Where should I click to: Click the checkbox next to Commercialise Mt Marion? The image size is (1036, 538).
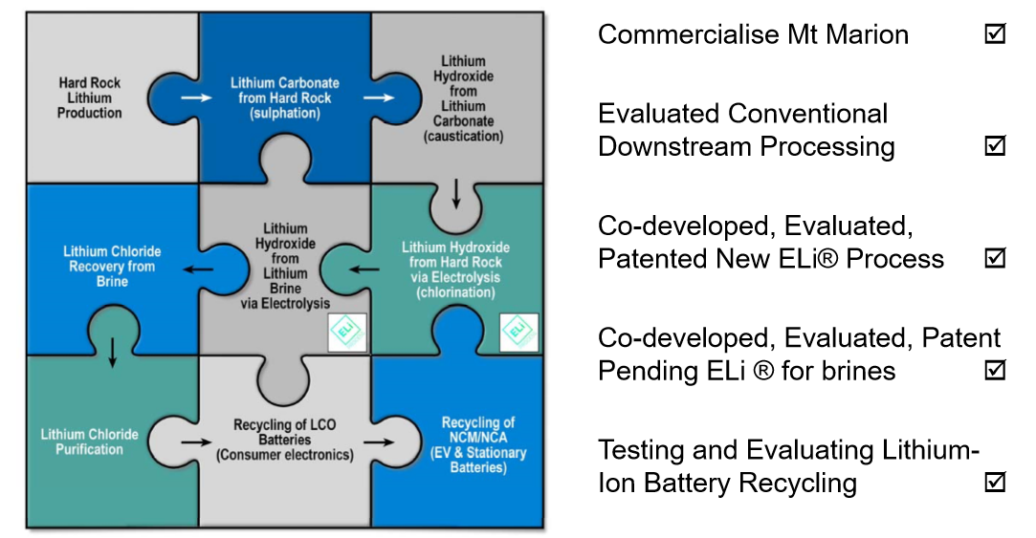point(995,33)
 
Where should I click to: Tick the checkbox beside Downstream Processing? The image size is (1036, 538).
point(995,145)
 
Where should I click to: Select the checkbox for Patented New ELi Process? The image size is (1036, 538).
point(995,257)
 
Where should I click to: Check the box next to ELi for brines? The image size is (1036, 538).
point(995,370)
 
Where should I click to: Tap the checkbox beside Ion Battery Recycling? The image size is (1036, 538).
point(995,482)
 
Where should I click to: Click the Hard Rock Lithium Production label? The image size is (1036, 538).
point(89,97)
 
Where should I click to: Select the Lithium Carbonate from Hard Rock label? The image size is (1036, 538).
point(285,97)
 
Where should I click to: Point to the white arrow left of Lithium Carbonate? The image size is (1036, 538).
point(197,97)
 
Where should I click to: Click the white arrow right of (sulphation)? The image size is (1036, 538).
point(379,97)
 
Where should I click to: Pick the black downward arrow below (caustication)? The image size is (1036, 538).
point(456,193)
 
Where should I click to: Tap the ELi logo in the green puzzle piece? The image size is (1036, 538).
point(518,332)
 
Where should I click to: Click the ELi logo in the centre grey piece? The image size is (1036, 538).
point(347,332)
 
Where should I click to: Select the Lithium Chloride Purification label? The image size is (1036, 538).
point(89,441)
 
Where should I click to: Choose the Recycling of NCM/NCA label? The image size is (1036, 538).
point(478,445)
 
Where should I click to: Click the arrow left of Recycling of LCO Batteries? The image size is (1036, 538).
point(196,441)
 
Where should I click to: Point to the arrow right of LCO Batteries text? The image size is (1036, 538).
point(379,441)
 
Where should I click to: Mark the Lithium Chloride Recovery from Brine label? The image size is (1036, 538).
point(112,266)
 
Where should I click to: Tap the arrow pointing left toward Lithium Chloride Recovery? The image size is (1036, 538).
point(198,269)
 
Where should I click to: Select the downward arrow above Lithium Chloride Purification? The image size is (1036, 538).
point(112,353)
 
